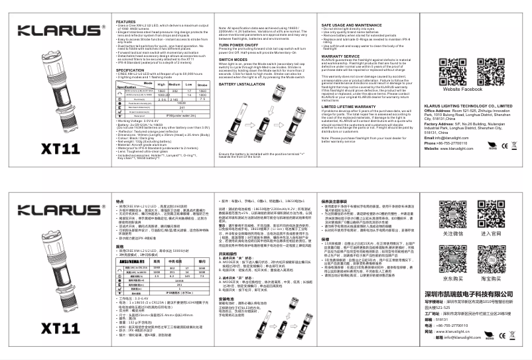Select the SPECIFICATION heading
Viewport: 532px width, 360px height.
(130, 70)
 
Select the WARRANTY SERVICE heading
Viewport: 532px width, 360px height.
(342, 56)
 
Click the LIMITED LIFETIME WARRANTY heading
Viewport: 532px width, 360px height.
(354, 105)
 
